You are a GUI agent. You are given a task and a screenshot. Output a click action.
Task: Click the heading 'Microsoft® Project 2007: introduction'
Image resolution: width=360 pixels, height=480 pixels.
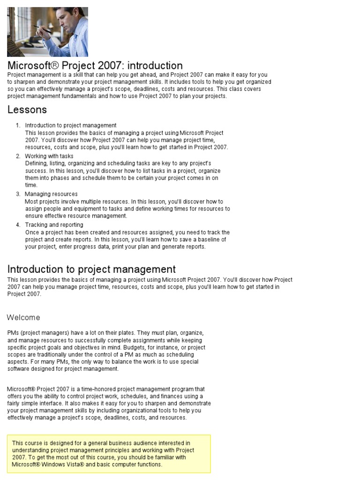coord(95,66)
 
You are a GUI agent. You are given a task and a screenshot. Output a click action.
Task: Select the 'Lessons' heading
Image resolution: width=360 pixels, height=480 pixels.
coord(27,110)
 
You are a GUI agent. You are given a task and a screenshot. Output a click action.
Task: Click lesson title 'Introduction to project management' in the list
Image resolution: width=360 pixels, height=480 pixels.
coord(71,125)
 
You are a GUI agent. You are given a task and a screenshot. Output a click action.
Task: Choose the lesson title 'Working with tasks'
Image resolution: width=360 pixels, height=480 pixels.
coord(49,156)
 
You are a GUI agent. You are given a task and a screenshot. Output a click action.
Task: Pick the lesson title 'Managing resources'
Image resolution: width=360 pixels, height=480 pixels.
coord(51,194)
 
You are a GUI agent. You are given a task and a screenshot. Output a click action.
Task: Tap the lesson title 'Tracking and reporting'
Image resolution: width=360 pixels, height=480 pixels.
coord(54,225)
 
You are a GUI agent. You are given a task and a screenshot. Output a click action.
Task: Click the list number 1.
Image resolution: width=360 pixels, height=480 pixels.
coord(17,125)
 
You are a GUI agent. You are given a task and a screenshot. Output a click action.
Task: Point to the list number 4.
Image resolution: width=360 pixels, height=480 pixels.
coord(17,225)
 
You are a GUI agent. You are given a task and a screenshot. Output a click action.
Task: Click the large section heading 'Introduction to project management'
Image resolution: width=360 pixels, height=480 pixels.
coord(91,269)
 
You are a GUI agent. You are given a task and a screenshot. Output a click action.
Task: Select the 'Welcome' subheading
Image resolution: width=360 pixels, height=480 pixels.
coord(23,317)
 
